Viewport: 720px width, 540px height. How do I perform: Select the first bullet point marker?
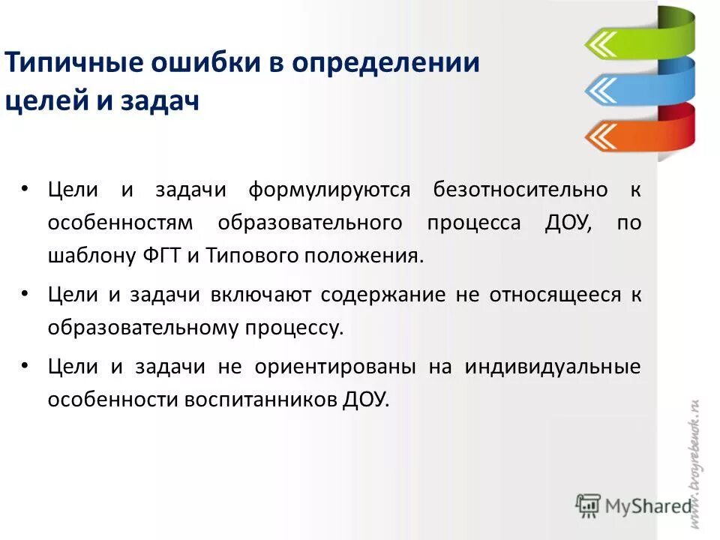(x=25, y=187)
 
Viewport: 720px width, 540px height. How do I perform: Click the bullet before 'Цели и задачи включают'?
(x=25, y=294)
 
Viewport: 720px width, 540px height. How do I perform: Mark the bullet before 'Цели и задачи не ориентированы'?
(x=25, y=365)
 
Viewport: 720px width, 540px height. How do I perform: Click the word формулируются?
(x=330, y=189)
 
